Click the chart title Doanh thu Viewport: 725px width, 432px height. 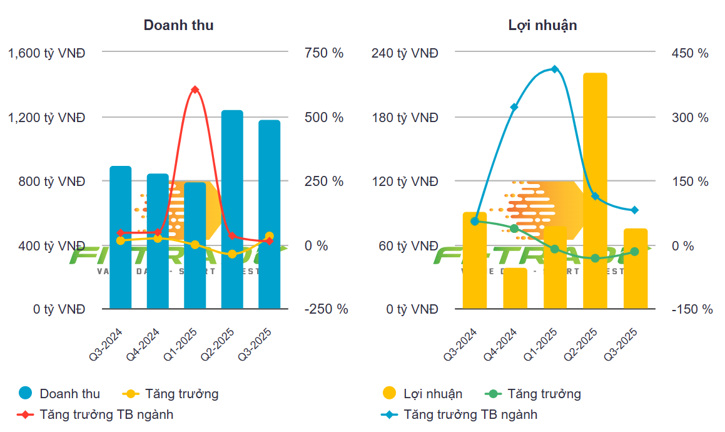coord(178,26)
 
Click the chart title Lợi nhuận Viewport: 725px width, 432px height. coord(542,26)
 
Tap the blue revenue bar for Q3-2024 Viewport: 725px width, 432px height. coord(121,237)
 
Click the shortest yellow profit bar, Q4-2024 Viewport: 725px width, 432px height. coord(515,288)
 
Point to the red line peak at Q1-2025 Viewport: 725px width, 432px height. coord(195,90)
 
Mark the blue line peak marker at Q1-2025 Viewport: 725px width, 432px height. coord(554,69)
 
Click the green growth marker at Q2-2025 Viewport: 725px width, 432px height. coord(595,258)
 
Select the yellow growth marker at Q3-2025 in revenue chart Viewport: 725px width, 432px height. coord(269,236)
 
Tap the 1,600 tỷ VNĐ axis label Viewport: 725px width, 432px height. coord(46,53)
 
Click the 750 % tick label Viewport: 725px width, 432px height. coord(324,53)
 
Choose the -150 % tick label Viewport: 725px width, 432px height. coord(692,309)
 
